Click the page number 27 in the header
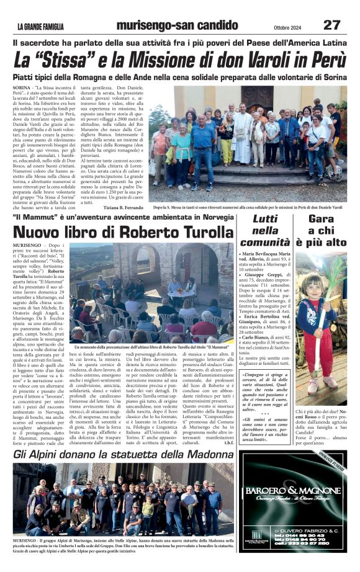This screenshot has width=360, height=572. tap(331, 25)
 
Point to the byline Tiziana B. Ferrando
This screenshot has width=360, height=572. tap(119, 208)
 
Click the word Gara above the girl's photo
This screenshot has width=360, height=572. tap(321, 220)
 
